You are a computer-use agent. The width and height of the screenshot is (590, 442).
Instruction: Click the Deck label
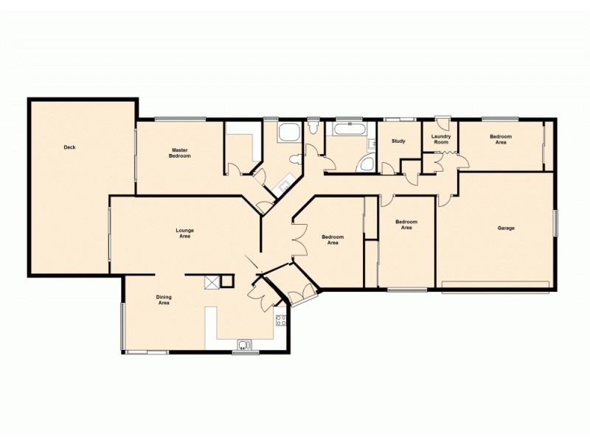[x=69, y=147]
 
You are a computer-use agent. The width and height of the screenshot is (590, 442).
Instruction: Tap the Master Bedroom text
[x=180, y=153]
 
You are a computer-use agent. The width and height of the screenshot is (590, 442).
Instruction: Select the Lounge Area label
[x=184, y=234]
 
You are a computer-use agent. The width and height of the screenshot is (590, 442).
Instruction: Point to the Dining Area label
[x=164, y=300]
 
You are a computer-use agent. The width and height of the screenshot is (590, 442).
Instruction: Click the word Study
[x=398, y=141]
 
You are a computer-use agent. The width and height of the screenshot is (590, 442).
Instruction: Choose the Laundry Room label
[x=441, y=138]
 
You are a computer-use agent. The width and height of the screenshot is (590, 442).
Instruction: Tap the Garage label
[x=505, y=228]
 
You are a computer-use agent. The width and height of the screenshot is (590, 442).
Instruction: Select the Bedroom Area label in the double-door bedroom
[x=333, y=239]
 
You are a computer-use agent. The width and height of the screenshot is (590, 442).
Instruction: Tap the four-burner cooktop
[x=281, y=320]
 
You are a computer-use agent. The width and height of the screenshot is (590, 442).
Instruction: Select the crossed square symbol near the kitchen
[x=212, y=281]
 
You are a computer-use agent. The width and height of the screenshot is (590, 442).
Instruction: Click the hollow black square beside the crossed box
[x=227, y=281]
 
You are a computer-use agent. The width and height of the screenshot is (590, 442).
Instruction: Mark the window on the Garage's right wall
[x=555, y=223]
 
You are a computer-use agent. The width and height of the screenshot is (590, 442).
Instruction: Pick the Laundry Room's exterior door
[x=442, y=119]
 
